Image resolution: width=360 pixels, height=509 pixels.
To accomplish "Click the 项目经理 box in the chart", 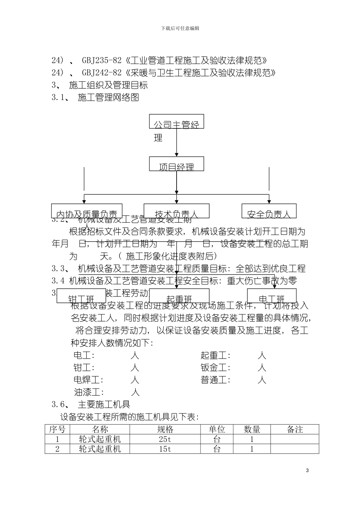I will pyautogui.click(x=177, y=164).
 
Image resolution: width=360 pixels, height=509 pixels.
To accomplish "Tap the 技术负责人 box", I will pyautogui.click(x=177, y=211).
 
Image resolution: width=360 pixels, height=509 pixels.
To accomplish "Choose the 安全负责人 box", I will pyautogui.click(x=269, y=211).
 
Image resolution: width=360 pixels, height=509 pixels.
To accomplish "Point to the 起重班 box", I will pyautogui.click(x=177, y=296).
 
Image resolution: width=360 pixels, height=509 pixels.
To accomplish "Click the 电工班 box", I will pyautogui.click(x=271, y=296).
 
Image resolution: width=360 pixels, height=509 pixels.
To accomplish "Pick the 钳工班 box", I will pyautogui.click(x=81, y=296).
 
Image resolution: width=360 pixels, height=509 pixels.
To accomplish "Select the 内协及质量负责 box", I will pyautogui.click(x=87, y=211).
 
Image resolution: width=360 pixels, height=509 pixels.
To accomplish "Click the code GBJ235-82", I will pyautogui.click(x=102, y=60).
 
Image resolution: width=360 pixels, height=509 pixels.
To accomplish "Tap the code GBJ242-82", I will pyautogui.click(x=102, y=73).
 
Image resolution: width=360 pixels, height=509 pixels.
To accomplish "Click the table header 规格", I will pyautogui.click(x=165, y=429).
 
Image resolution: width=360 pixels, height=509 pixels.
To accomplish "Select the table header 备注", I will pyautogui.click(x=295, y=429).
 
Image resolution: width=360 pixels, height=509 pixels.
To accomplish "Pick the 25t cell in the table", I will pyautogui.click(x=165, y=439).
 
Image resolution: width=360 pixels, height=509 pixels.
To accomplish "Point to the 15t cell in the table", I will pyautogui.click(x=165, y=449).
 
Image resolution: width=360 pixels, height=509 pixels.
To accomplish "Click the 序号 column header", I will pyautogui.click(x=57, y=429).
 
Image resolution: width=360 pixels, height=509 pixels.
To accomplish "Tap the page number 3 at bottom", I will pyautogui.click(x=307, y=470).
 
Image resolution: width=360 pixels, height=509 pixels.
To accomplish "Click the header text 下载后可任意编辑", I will pyautogui.click(x=180, y=28).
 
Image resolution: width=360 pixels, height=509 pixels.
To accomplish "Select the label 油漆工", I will pyautogui.click(x=89, y=392).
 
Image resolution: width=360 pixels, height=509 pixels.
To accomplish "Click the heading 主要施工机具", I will pyautogui.click(x=104, y=404).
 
